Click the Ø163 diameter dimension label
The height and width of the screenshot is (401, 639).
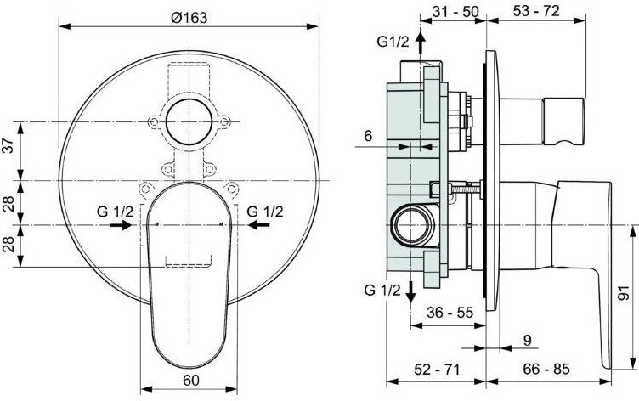(x=189, y=18)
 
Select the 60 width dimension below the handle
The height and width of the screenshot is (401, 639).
(x=191, y=380)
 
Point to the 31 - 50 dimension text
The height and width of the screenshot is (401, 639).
(x=455, y=11)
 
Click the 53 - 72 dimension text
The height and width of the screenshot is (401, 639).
(x=536, y=11)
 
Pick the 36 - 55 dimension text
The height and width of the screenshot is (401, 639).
(x=450, y=313)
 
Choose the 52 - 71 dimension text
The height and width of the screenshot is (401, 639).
(x=437, y=370)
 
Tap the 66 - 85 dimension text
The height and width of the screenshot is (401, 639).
(x=546, y=369)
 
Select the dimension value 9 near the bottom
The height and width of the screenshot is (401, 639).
(x=528, y=341)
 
